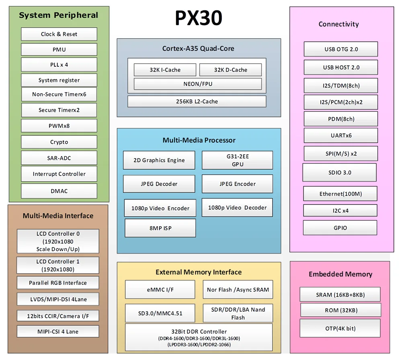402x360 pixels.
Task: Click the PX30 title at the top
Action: point(198,18)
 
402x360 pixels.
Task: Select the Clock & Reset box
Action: point(59,34)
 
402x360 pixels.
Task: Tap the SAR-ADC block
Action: point(59,158)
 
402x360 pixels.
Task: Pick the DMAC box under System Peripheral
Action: point(59,191)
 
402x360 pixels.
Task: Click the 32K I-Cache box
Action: point(165,70)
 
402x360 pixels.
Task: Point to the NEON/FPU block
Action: point(198,84)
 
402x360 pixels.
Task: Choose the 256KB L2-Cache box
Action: point(197,102)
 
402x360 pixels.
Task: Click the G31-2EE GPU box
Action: point(237,160)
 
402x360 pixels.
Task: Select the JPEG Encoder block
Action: point(237,184)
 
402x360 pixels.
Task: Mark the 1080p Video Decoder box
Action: point(237,208)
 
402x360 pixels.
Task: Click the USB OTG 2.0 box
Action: point(341,49)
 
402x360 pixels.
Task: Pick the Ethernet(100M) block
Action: point(340,194)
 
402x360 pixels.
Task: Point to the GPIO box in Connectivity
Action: point(340,228)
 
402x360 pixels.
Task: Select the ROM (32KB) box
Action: point(340,310)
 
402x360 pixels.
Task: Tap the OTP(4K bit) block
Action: point(340,329)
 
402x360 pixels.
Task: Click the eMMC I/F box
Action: point(160,290)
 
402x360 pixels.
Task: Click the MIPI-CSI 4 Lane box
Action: point(58,332)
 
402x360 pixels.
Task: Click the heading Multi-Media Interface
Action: point(58,216)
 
